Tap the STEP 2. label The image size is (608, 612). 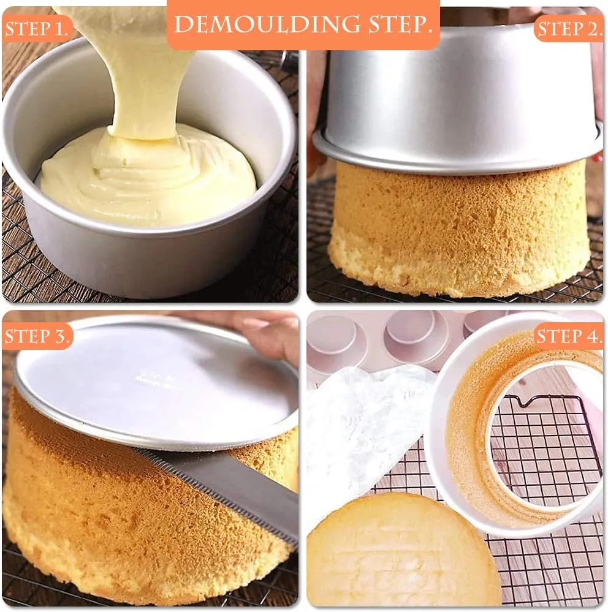pos(569,29)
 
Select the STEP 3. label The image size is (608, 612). pos(38,336)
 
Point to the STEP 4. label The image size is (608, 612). pos(569,336)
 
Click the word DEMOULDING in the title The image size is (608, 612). pos(267,25)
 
